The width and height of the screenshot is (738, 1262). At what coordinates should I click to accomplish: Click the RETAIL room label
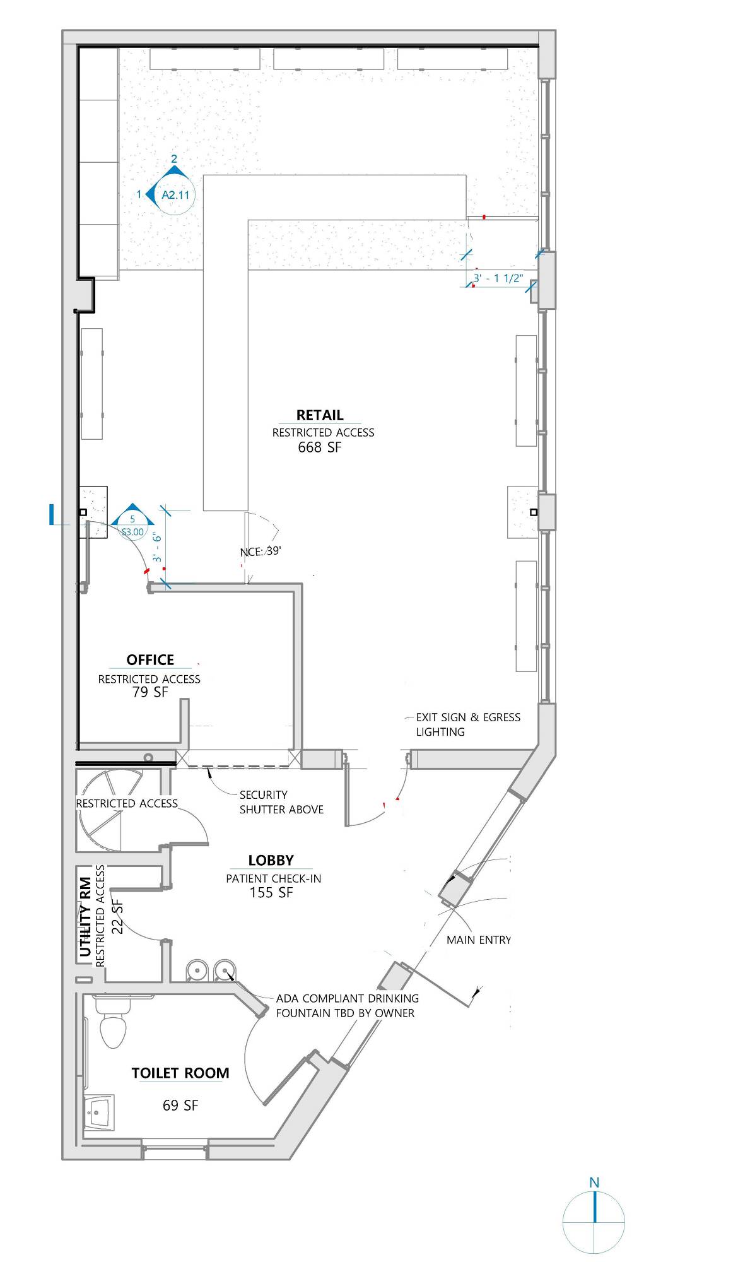(320, 415)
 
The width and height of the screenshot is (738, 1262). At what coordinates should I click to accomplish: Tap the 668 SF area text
(320, 447)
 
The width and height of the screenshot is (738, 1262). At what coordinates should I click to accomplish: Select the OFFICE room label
(150, 660)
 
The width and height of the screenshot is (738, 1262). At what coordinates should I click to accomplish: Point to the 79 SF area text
(150, 692)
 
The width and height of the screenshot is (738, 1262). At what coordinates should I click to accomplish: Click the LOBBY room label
(271, 861)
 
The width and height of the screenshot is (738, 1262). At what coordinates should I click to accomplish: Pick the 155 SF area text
(271, 893)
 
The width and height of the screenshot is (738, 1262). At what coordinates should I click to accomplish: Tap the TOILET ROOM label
(180, 1073)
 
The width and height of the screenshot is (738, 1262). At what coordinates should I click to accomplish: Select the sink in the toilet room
(99, 1113)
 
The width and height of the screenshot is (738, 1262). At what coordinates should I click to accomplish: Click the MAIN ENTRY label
(479, 940)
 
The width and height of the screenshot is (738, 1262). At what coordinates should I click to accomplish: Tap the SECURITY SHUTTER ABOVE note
(281, 802)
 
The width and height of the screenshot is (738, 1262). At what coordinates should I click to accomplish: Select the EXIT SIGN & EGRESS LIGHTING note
(468, 724)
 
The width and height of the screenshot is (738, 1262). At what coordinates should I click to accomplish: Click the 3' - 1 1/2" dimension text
(498, 278)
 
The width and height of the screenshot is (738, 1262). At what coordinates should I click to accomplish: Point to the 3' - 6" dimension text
(157, 547)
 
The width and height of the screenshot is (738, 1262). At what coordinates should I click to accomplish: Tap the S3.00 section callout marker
(132, 526)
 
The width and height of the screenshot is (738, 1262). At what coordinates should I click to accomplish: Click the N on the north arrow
(594, 1182)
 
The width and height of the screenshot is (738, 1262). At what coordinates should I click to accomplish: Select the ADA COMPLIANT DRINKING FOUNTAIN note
(348, 1006)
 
